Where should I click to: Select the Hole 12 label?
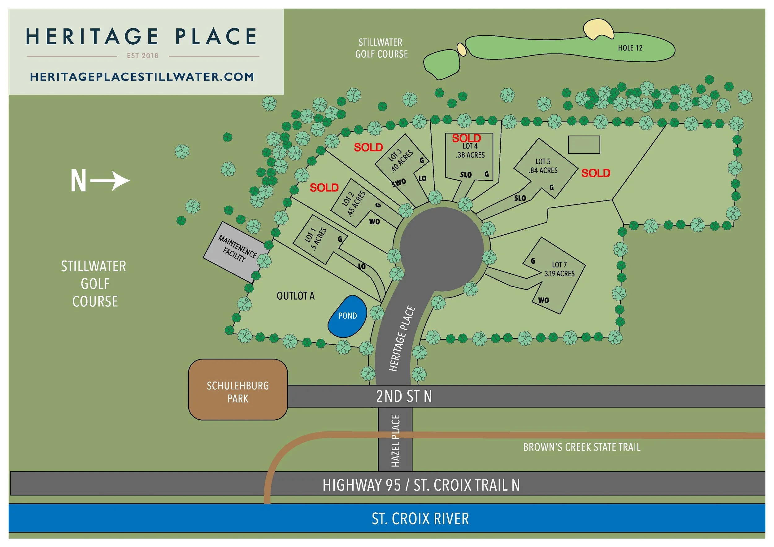[630, 48]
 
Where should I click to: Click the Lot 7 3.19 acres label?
[559, 269]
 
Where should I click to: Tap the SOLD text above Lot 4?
[466, 138]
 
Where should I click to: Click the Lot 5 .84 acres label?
[543, 166]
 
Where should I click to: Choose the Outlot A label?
[295, 296]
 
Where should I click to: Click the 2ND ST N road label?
[404, 396]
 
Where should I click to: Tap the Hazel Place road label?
[395, 441]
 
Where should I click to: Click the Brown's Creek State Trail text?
[581, 447]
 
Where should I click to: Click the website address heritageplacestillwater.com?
[142, 77]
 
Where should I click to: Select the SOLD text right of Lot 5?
[596, 173]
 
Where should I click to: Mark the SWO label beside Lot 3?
[399, 183]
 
